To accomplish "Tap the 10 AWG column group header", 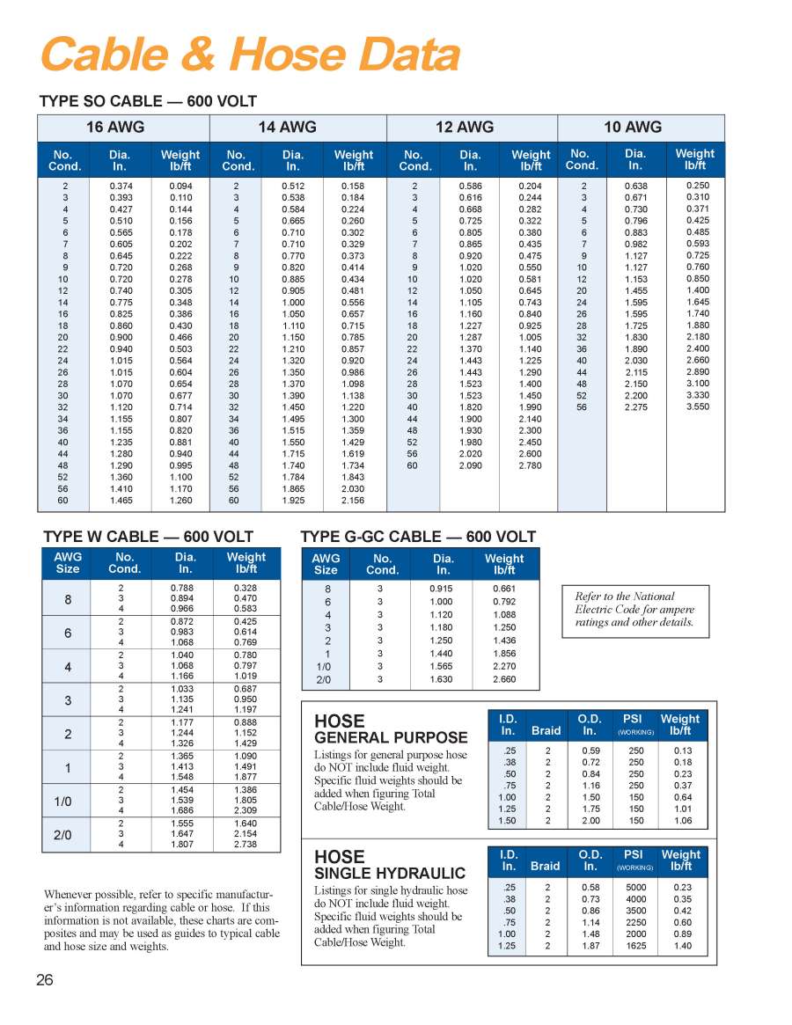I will click(x=633, y=127).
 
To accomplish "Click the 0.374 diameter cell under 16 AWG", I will click(x=121, y=187).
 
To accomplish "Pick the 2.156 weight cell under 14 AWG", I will click(x=354, y=500).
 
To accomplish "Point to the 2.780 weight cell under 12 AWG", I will click(x=530, y=465).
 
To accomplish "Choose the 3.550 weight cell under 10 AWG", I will click(x=697, y=406).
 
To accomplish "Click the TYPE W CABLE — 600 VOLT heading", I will click(x=149, y=537).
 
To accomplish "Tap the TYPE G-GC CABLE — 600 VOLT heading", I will click(x=417, y=537).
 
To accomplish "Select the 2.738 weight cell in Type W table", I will click(x=246, y=844).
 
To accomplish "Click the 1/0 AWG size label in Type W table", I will click(x=63, y=802).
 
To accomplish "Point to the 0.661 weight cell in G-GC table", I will click(x=503, y=588).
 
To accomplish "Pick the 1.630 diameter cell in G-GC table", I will click(x=442, y=679).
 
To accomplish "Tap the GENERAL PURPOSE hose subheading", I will click(x=391, y=737).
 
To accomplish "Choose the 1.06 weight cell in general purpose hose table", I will click(x=682, y=821).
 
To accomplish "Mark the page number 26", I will click(x=45, y=980).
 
